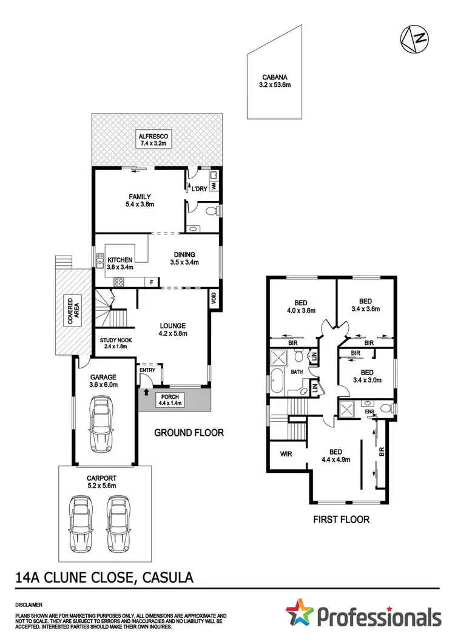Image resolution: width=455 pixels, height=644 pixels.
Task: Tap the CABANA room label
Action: coord(275,81)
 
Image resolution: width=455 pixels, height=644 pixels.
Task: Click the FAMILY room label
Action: coord(140,200)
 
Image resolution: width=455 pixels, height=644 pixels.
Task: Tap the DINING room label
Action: coord(184,259)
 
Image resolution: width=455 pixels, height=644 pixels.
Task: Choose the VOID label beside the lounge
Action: coord(214,298)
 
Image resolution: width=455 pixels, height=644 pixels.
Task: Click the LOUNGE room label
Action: coord(173,329)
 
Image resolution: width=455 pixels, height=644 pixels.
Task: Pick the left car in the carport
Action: coord(79,523)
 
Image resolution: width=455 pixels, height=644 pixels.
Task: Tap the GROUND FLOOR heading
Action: coord(189,433)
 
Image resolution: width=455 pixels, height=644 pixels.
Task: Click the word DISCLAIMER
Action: coord(29,605)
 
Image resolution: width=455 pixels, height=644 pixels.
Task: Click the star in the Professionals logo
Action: coord(301,615)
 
